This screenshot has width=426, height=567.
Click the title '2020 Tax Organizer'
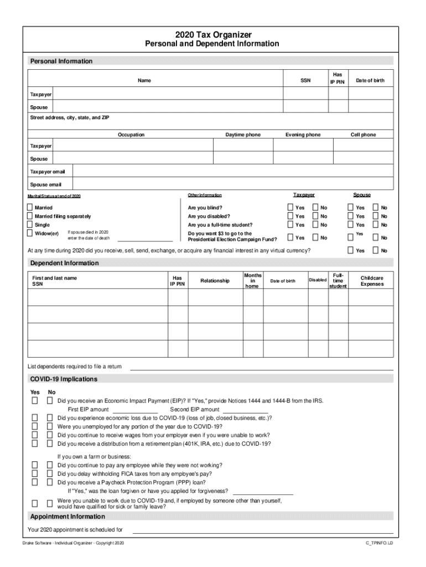[x=212, y=34]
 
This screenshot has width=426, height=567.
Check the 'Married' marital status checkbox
[x=30, y=208]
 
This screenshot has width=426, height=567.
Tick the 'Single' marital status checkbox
[x=30, y=225]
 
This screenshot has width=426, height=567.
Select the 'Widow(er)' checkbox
[x=30, y=234]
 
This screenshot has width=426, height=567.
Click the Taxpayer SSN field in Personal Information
[x=305, y=95]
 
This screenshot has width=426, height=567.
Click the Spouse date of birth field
[x=371, y=107]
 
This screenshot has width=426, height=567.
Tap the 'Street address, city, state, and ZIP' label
[x=70, y=118]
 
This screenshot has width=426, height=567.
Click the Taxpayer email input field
[x=232, y=172]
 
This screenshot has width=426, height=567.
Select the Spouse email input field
[x=232, y=184]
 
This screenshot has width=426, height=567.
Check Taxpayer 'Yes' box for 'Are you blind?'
[x=290, y=208]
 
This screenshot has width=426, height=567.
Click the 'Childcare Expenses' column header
[x=372, y=281]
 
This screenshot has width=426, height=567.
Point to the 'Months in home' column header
[x=252, y=281]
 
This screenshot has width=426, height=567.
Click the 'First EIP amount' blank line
[x=135, y=410]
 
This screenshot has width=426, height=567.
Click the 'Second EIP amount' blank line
[x=246, y=410]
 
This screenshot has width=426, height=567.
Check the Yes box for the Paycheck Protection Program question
[x=34, y=482]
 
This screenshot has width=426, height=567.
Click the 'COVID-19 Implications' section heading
[x=64, y=379]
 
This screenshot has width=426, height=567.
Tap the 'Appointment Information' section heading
[x=67, y=517]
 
